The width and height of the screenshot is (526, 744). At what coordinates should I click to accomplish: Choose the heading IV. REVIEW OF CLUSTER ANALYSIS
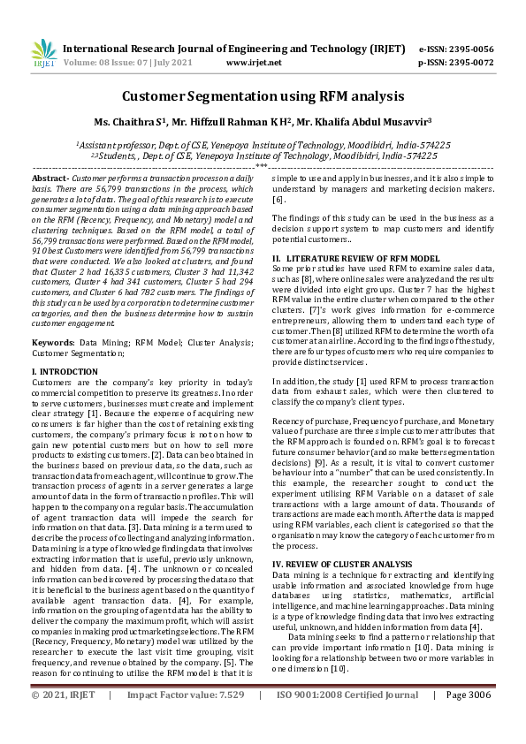[x=343, y=563]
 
